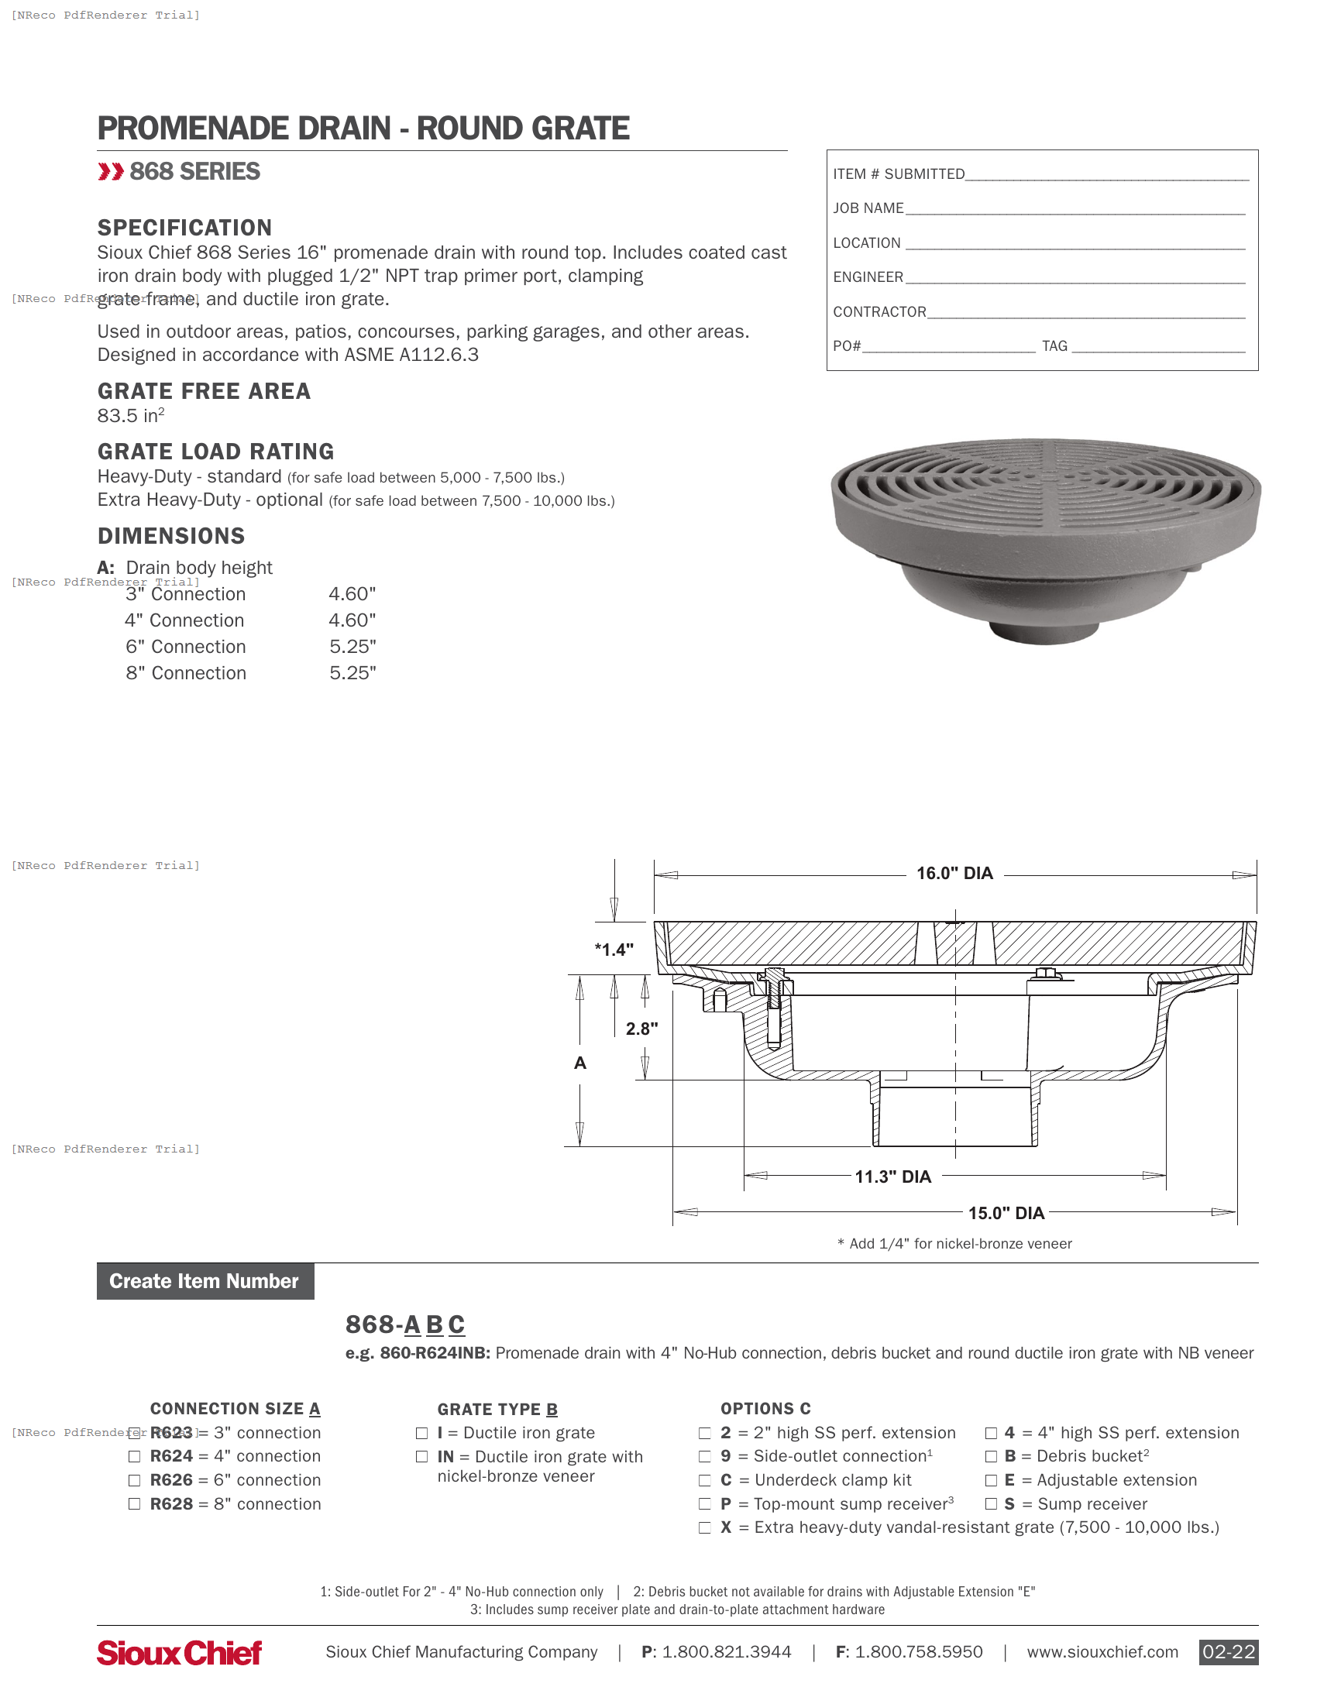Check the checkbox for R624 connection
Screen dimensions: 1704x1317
pos(134,1457)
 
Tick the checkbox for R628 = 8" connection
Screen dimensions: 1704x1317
pos(134,1504)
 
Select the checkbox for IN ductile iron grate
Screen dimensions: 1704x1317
pos(422,1457)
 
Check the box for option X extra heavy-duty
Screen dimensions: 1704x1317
pos(704,1527)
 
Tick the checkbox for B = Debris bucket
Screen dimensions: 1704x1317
pos(991,1457)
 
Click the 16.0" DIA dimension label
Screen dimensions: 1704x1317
pos(954,873)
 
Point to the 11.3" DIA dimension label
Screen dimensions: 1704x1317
pos(892,1177)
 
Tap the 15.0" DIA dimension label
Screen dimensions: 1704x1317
pos(1006,1213)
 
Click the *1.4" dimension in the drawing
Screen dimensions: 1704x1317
pos(614,950)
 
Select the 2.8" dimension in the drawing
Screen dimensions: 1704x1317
pos(641,1029)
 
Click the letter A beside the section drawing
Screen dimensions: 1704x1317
pos(579,1063)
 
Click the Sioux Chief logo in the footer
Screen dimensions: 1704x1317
pos(180,1653)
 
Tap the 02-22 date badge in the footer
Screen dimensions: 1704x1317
pos(1228,1652)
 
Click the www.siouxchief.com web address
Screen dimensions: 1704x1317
pos(1102,1652)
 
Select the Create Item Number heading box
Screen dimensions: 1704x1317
pos(205,1281)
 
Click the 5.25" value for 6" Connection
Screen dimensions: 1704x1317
pos(352,647)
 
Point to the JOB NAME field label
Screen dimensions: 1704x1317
pos(868,208)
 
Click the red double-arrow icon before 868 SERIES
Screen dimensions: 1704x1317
pos(111,172)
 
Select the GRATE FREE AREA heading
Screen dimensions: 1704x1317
pos(204,391)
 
